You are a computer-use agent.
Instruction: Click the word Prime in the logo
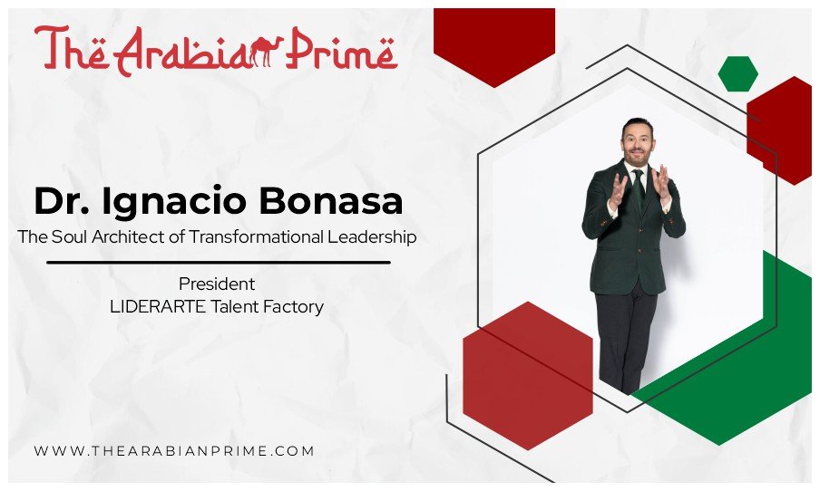(x=344, y=50)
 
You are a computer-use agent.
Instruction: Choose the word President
(x=216, y=284)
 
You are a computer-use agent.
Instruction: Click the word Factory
(x=292, y=306)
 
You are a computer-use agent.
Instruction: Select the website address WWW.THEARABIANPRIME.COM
(x=174, y=450)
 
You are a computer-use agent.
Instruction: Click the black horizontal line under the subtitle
(x=218, y=262)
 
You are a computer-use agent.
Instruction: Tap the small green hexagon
(x=737, y=73)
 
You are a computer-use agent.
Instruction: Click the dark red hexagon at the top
(x=493, y=42)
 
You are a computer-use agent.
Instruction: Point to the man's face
(x=637, y=142)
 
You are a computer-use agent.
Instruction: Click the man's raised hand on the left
(x=618, y=189)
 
